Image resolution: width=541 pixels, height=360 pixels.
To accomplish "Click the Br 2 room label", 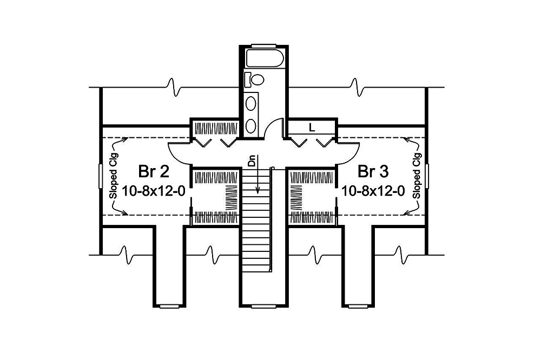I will pyautogui.click(x=154, y=172).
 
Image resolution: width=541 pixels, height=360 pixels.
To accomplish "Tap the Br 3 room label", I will pyautogui.click(x=373, y=172).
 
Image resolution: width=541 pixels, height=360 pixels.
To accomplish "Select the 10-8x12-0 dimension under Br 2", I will pyautogui.click(x=154, y=191).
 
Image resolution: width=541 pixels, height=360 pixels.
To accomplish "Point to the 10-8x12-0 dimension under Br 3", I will pyautogui.click(x=373, y=191).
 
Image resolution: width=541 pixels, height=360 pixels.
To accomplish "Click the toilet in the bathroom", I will pyautogui.click(x=255, y=80).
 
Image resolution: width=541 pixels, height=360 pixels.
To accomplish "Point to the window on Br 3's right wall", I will pyautogui.click(x=428, y=176).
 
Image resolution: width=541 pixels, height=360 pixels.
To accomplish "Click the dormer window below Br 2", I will pyautogui.click(x=170, y=306).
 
